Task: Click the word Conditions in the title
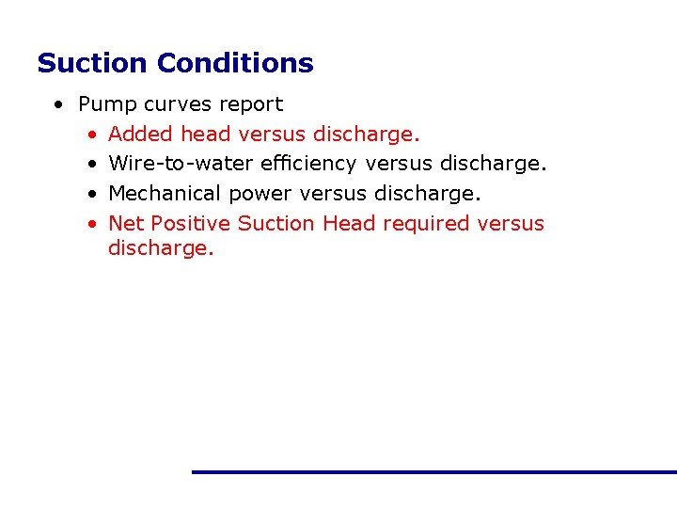tap(235, 63)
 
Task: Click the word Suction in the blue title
tap(93, 63)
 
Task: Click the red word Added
tap(141, 134)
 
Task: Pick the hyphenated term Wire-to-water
tap(179, 164)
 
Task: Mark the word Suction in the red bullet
tap(276, 223)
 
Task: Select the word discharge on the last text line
tap(161, 248)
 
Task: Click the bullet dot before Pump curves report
tap(59, 104)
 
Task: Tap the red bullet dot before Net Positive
tap(91, 224)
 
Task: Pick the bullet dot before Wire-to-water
tap(91, 165)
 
